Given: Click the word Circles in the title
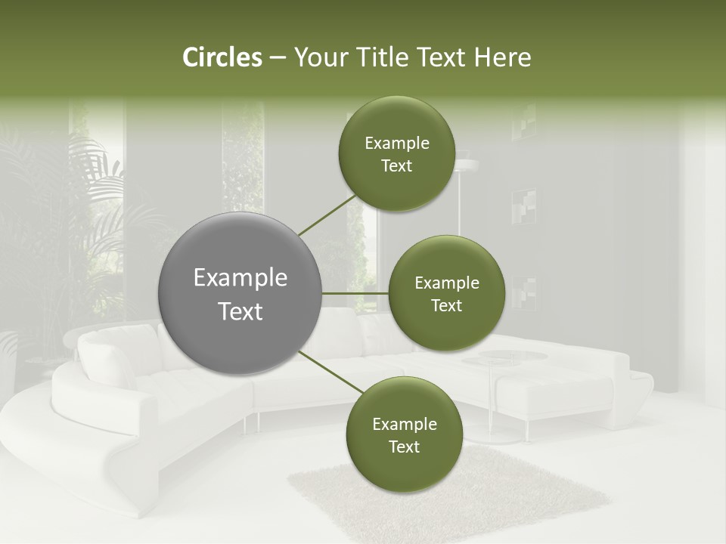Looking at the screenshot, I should pyautogui.click(x=222, y=57).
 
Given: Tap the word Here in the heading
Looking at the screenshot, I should pyautogui.click(x=502, y=57).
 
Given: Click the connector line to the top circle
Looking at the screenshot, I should pyautogui.click(x=328, y=214).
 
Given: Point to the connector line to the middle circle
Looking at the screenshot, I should pyautogui.click(x=355, y=293).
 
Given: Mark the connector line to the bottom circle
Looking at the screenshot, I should pyautogui.click(x=330, y=372).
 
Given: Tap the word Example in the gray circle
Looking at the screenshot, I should pyautogui.click(x=240, y=278).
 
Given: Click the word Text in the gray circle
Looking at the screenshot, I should pyautogui.click(x=240, y=311).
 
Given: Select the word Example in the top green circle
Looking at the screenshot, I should pyautogui.click(x=397, y=144).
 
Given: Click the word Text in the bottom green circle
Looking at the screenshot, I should pyautogui.click(x=404, y=447).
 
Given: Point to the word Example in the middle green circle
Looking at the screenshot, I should pyautogui.click(x=446, y=283).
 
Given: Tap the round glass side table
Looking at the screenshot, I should pyautogui.click(x=504, y=357).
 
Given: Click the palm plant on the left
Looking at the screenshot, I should pyautogui.click(x=45, y=204).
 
